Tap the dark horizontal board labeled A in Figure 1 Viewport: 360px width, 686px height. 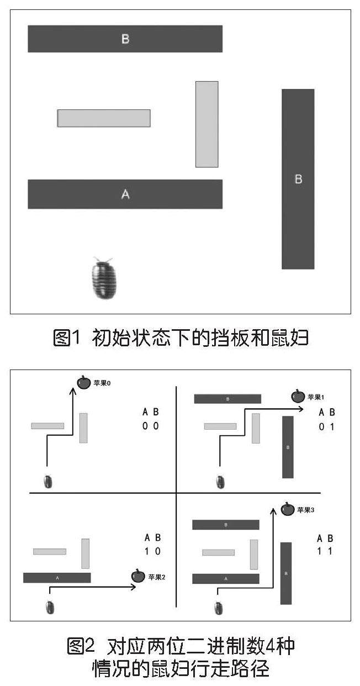125,194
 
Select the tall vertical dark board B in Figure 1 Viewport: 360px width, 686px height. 298,179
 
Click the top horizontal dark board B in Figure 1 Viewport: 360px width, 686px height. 125,39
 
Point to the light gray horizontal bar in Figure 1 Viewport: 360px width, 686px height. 104,118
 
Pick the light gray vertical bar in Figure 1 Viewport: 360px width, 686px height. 207,124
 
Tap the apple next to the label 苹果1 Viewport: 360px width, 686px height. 298,396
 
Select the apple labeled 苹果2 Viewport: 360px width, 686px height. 138,576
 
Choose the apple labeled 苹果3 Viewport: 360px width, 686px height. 288,509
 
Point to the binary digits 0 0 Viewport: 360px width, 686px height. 150,426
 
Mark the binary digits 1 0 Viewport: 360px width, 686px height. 152,551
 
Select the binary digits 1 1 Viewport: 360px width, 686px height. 325,552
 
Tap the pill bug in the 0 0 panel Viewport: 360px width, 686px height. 49,481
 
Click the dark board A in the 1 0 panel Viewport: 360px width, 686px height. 57,578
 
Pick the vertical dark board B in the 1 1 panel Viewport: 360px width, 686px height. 286,573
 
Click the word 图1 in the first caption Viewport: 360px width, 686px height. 67,337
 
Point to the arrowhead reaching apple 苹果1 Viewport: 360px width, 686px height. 300,409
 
